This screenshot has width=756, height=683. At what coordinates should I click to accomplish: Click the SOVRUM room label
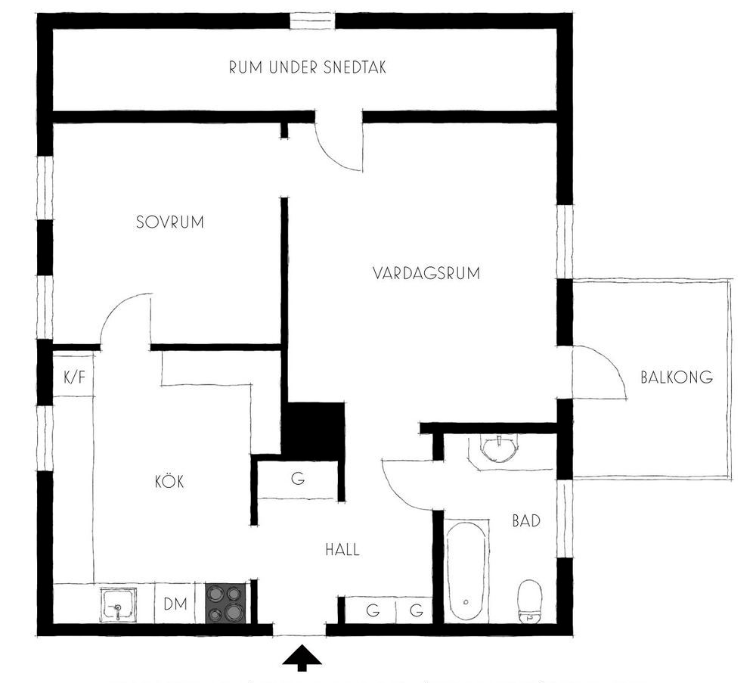pyautogui.click(x=169, y=222)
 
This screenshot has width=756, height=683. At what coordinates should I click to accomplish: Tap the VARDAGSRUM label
pyautogui.click(x=426, y=273)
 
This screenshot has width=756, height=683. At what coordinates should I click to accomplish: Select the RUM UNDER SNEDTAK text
pyautogui.click(x=308, y=67)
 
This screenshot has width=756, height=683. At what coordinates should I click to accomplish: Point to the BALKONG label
pyautogui.click(x=677, y=377)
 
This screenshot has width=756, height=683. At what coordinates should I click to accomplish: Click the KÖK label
pyautogui.click(x=169, y=481)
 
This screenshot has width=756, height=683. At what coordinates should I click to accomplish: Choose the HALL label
pyautogui.click(x=342, y=549)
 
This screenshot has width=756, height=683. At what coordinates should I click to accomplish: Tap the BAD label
pyautogui.click(x=526, y=521)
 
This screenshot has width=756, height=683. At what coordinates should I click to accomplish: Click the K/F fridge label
pyautogui.click(x=74, y=377)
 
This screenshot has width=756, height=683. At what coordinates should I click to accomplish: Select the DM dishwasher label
pyautogui.click(x=175, y=604)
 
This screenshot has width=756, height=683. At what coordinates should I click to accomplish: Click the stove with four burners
pyautogui.click(x=226, y=603)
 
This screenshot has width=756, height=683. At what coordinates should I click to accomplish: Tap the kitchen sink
pyautogui.click(x=119, y=605)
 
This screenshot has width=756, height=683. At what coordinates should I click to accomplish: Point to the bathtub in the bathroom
pyautogui.click(x=466, y=572)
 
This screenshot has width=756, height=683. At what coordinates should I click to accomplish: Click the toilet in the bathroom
pyautogui.click(x=530, y=602)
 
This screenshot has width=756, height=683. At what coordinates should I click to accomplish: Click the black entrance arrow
pyautogui.click(x=302, y=658)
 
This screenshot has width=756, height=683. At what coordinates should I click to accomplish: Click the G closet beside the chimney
pyautogui.click(x=298, y=480)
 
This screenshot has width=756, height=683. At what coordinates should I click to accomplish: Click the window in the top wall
pyautogui.click(x=312, y=21)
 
